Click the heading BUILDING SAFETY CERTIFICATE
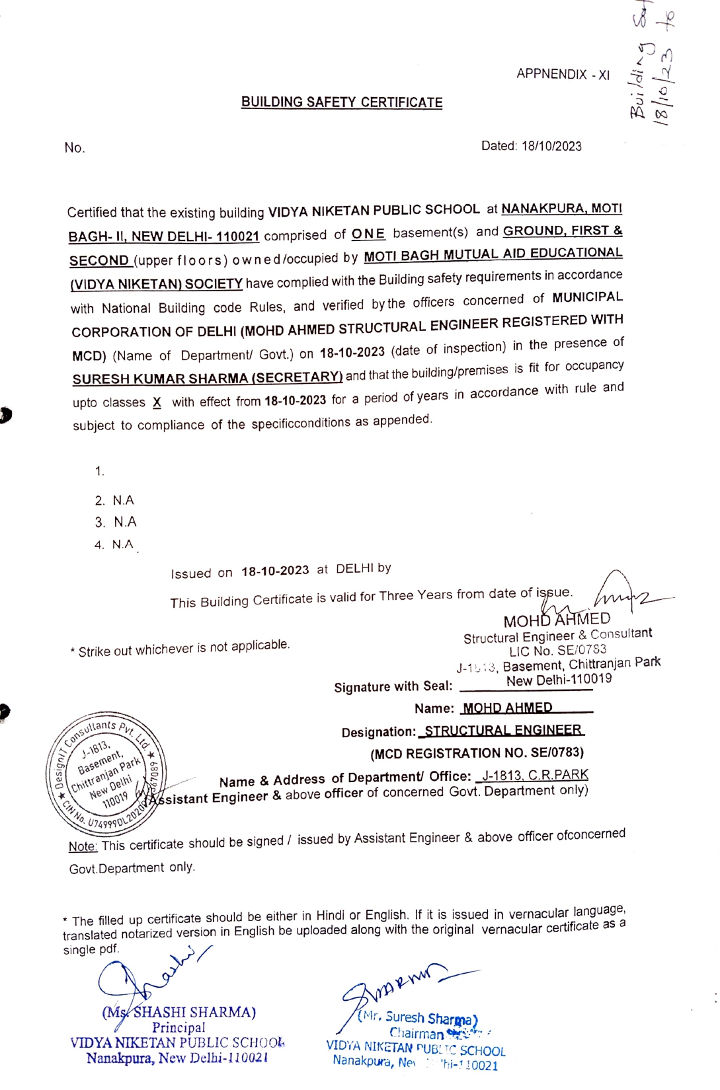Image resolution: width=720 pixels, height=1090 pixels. (342, 102)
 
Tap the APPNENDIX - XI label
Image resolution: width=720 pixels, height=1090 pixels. (563, 74)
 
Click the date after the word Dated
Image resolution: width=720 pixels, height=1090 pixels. (551, 146)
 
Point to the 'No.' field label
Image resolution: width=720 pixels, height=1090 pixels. (75, 148)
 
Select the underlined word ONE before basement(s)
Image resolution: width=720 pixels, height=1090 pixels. (368, 234)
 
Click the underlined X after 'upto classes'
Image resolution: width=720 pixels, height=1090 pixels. (157, 402)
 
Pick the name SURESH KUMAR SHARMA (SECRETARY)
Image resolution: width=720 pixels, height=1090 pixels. (207, 379)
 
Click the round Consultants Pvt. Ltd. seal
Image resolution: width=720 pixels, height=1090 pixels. (106, 774)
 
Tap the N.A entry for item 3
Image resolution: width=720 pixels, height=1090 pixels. (125, 522)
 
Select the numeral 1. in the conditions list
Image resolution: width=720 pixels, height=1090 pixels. (100, 471)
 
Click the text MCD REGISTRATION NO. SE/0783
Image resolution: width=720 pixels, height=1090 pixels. (477, 753)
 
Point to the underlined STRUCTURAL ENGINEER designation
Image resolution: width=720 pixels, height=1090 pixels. (503, 731)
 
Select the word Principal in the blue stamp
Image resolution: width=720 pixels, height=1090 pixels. (179, 1027)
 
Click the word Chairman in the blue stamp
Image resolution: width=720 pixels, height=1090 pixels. (417, 1033)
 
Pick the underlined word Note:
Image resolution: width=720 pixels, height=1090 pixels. (83, 847)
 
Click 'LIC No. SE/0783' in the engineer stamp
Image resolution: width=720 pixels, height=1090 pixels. (557, 651)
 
